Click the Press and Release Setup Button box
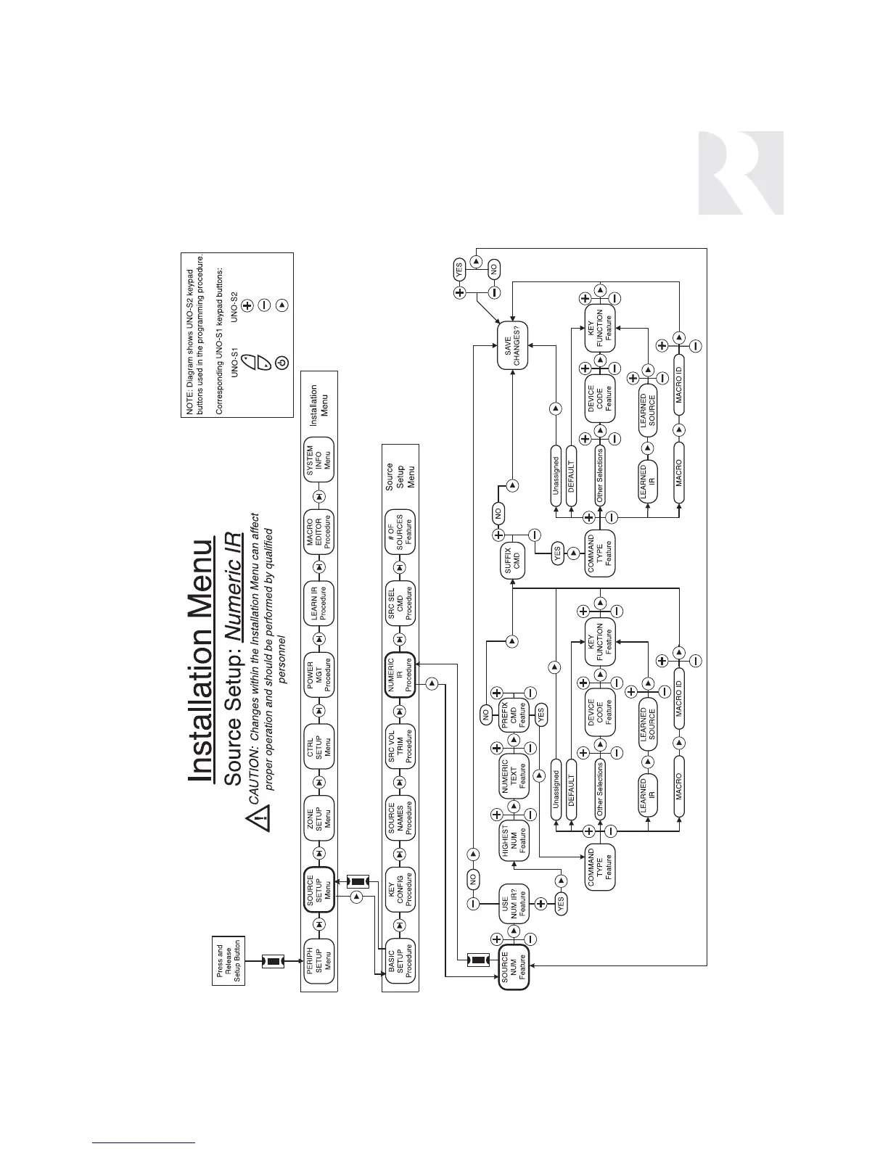point(228,962)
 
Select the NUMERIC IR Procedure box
point(400,676)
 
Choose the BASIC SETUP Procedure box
point(400,962)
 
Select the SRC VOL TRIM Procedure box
point(400,746)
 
